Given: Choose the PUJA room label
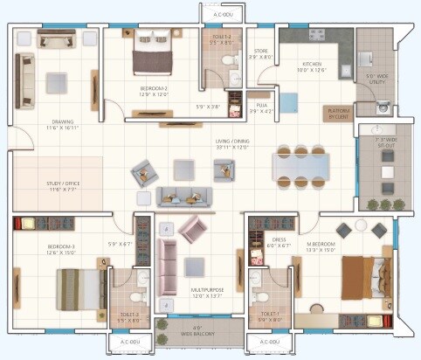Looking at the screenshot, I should (260, 107).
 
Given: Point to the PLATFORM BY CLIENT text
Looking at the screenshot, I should (338, 113).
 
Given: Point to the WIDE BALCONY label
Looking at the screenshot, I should (198, 333).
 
